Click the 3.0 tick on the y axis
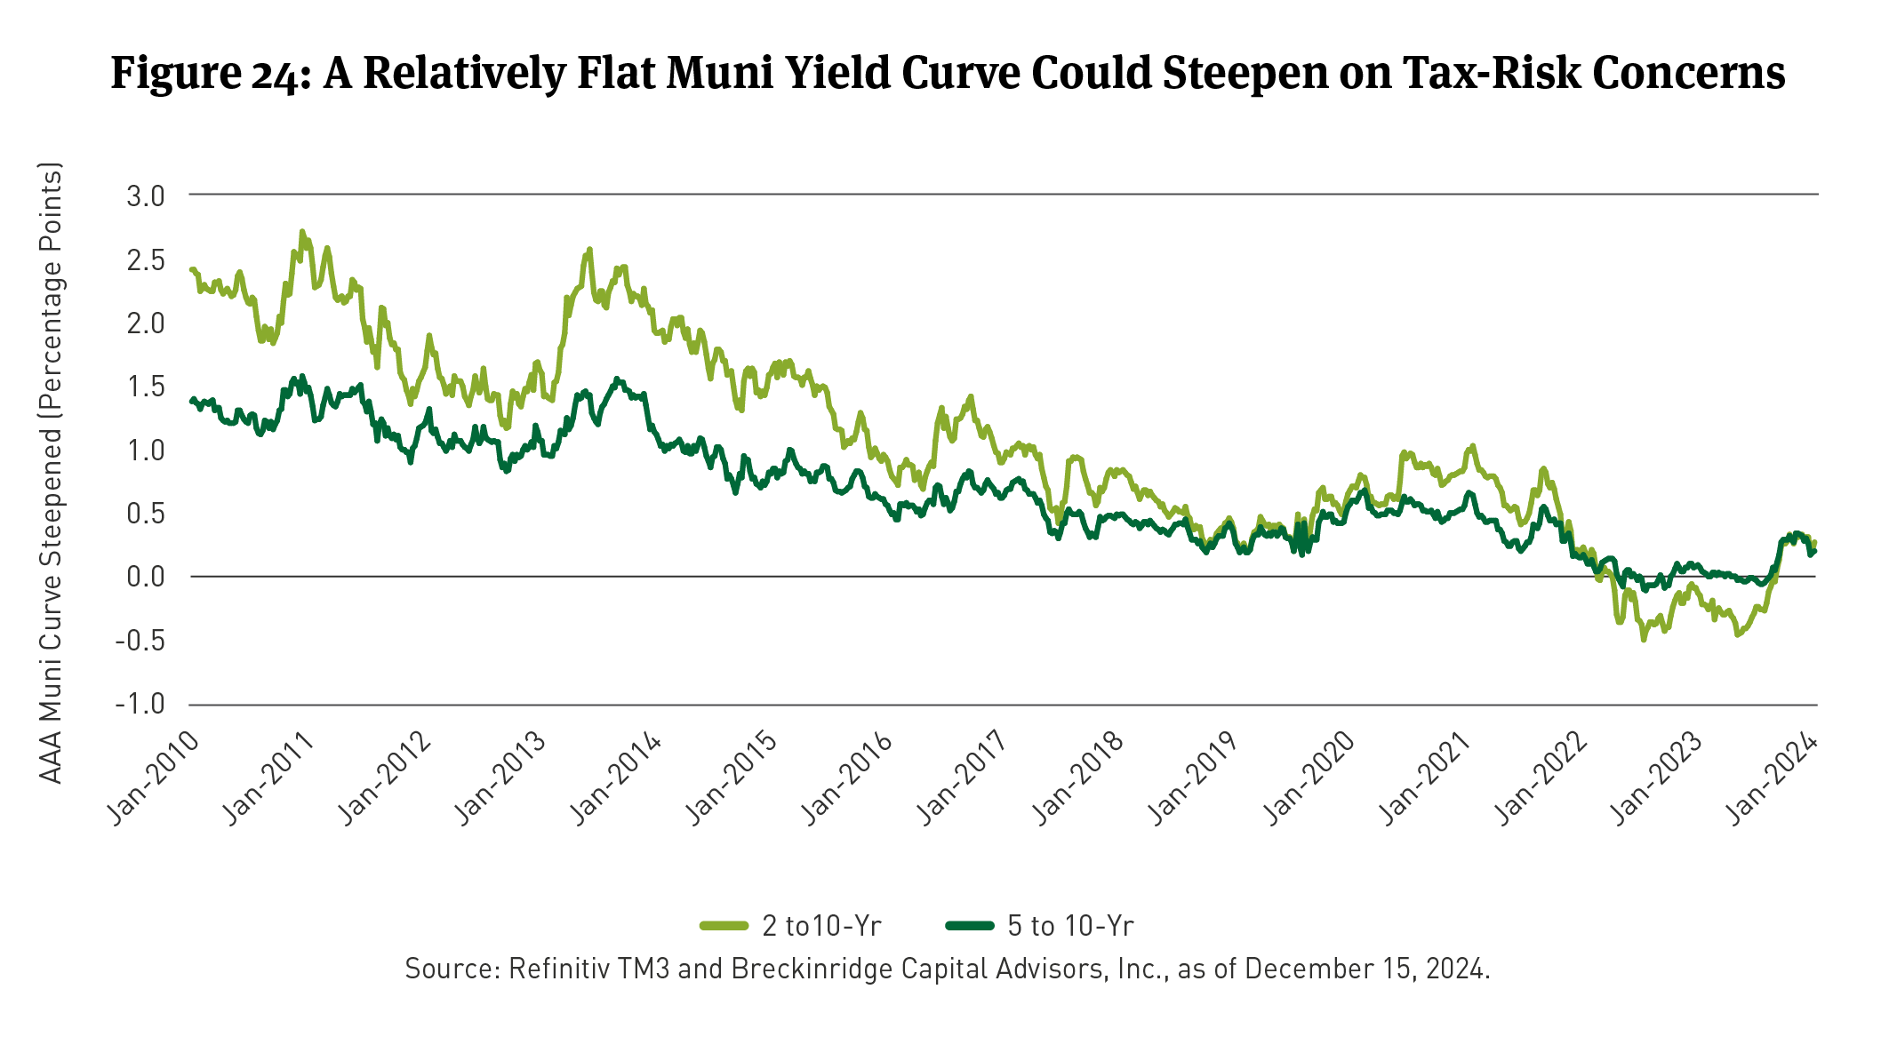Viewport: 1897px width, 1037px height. pos(146,196)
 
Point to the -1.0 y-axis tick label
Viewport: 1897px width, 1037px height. pos(140,705)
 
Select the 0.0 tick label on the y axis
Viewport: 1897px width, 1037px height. pos(146,578)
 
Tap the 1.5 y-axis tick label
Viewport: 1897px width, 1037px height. pos(146,387)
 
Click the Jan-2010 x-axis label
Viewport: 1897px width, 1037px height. pos(153,778)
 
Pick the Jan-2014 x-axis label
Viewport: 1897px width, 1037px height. pos(615,778)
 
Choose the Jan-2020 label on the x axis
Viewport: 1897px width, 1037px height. pos(1309,778)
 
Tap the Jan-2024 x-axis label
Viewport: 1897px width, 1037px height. pos(1772,778)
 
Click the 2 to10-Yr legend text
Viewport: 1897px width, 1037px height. pos(821,926)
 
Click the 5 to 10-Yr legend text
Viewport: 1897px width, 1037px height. pos(1070,926)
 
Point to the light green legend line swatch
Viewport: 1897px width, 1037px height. pos(724,926)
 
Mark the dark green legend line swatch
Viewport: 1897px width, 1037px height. pos(969,926)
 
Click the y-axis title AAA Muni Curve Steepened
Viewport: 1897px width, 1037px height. pos(52,473)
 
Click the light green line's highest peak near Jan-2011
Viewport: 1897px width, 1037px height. pos(302,232)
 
